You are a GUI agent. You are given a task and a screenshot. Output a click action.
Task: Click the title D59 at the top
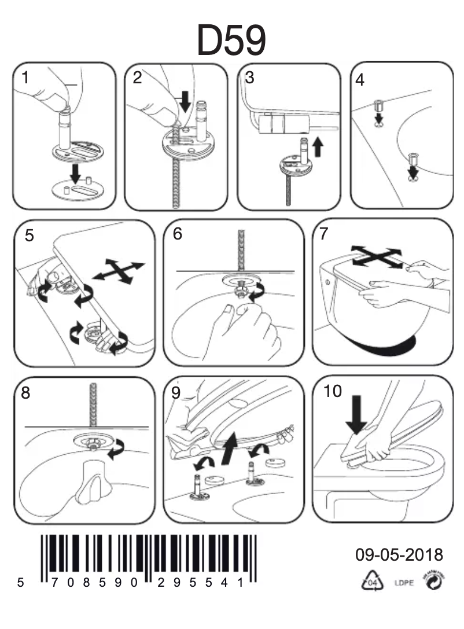point(231,41)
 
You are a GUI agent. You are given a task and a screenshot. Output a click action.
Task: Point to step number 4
point(360,80)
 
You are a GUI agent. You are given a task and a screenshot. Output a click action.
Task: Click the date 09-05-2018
point(399,555)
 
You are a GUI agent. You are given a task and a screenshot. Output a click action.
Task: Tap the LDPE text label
point(403,583)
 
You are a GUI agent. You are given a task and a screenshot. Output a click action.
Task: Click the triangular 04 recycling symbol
point(372,582)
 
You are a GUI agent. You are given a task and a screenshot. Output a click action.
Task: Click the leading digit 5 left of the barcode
point(21,583)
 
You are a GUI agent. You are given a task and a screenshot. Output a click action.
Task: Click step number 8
point(25,393)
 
